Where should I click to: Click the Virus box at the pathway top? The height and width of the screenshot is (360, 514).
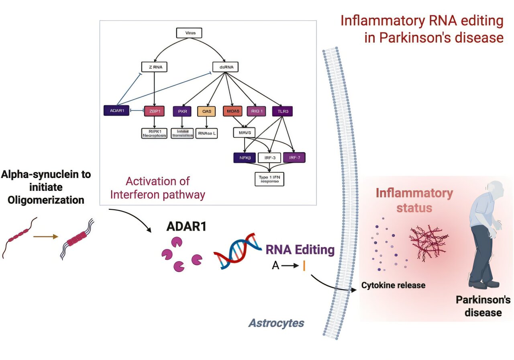(x=189, y=33)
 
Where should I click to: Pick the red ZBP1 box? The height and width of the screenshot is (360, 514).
(x=154, y=110)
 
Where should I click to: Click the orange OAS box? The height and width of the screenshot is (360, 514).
(x=206, y=110)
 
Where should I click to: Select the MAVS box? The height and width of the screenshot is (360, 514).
(x=244, y=132)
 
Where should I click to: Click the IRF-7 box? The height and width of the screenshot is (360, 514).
(x=294, y=157)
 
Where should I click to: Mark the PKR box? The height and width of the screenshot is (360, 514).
(x=182, y=110)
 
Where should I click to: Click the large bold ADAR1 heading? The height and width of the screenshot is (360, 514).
(x=186, y=227)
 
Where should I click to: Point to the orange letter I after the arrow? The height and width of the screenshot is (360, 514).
(x=304, y=266)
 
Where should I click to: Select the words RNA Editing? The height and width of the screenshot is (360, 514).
(x=300, y=250)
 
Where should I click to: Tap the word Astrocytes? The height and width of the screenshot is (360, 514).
(x=276, y=323)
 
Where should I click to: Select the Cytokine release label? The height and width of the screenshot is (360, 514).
(x=393, y=286)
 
